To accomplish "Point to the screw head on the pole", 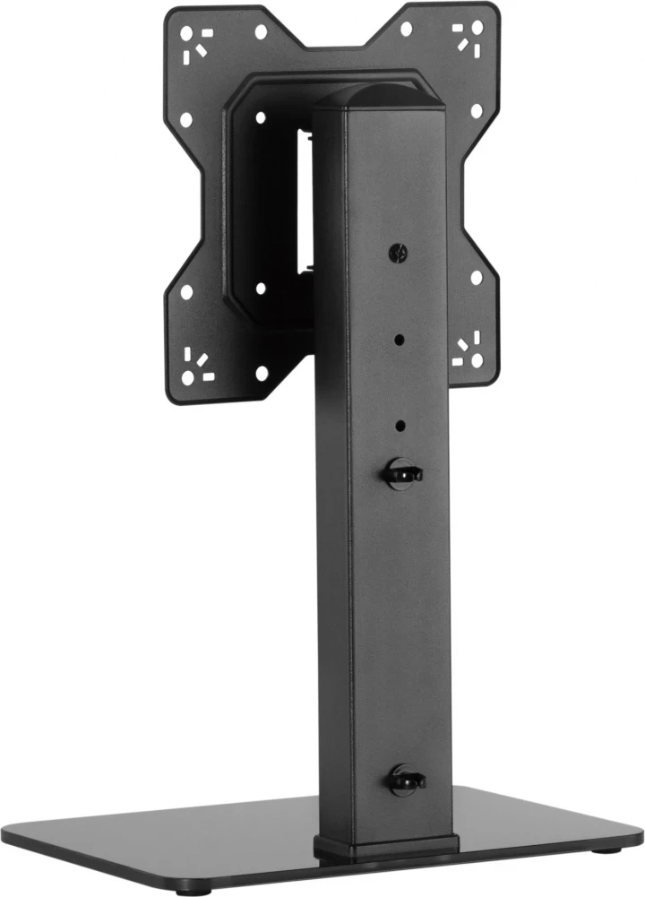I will (x=399, y=254).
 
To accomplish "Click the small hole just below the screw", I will (x=399, y=340).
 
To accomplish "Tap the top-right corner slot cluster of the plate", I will (x=469, y=39).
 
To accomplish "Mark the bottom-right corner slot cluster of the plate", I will (x=468, y=350).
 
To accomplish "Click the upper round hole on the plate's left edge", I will (x=186, y=119).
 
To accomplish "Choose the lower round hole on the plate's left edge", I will (x=186, y=291).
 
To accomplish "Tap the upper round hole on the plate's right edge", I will (x=477, y=111).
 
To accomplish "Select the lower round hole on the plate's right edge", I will (x=477, y=277).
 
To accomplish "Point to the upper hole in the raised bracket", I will (x=260, y=117).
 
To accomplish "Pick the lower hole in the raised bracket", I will (x=260, y=289).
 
